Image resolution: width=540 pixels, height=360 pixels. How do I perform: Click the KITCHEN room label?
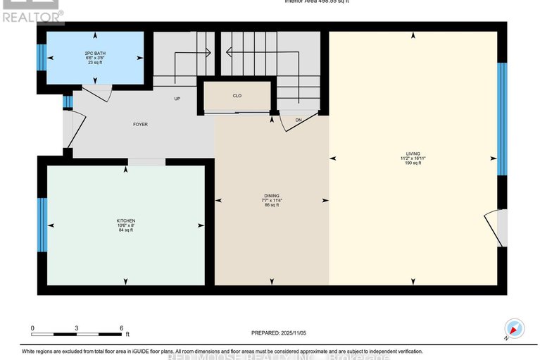tap(126, 221)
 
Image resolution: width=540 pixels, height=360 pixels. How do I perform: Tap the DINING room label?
tap(272, 195)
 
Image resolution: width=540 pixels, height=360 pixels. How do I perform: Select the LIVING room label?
tap(413, 153)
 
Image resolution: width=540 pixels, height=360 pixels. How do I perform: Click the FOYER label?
tap(140, 125)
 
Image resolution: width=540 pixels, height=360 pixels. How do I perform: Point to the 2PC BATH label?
tap(94, 53)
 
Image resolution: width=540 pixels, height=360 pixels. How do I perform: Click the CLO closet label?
tap(237, 97)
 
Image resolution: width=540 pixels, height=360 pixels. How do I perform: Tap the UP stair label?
tap(178, 99)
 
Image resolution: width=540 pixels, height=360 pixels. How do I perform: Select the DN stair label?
tap(299, 120)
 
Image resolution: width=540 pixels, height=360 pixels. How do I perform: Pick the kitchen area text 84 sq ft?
tap(126, 230)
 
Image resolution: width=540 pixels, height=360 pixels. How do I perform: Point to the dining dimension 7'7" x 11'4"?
tap(272, 200)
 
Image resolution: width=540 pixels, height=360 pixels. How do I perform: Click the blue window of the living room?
tap(502, 119)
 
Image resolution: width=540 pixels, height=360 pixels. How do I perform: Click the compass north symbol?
tap(515, 328)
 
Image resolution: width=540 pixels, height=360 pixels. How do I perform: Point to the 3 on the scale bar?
tap(76, 328)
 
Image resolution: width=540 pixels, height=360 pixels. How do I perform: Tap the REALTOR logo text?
tap(32, 13)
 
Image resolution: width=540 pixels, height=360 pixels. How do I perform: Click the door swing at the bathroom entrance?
tap(96, 95)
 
